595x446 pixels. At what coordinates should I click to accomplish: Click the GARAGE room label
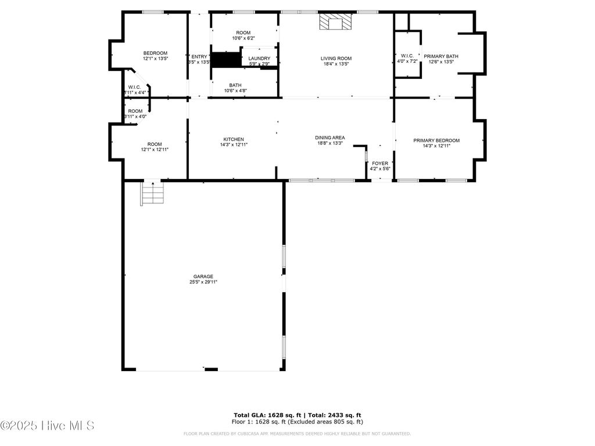[x=203, y=276]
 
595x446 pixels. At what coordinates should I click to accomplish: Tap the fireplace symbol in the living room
[x=335, y=23]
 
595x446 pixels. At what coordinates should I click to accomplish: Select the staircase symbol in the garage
[x=152, y=193]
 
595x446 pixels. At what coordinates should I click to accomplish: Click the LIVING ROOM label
[x=336, y=58]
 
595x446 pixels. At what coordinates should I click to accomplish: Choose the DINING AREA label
[x=330, y=138]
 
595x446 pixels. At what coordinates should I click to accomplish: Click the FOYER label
[x=380, y=163]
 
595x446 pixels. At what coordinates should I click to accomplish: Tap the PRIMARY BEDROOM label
[x=436, y=141]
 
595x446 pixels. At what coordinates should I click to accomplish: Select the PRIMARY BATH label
[x=440, y=56]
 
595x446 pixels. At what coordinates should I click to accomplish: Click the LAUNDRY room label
[x=259, y=59]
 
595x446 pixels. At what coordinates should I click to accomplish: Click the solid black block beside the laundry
[x=225, y=60]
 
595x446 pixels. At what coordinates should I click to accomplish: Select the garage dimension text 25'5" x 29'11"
[x=203, y=282]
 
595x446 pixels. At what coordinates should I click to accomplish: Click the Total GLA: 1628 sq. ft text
[x=266, y=415]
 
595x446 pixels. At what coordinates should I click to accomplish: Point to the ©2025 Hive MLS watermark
[x=47, y=426]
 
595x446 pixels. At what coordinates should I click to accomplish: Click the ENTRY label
[x=199, y=56]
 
